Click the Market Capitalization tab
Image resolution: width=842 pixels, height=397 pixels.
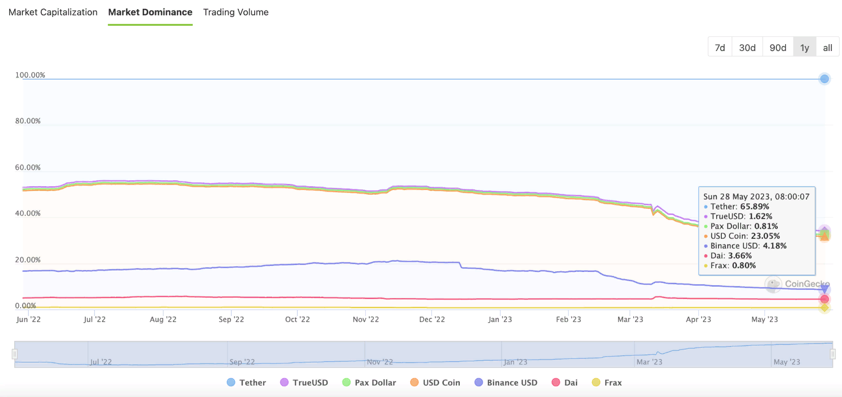53,12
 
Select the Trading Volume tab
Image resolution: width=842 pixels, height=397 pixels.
236,12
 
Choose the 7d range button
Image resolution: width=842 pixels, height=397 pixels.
720,48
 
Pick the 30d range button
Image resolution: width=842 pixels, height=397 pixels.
747,48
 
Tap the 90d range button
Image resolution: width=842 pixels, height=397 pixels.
778,48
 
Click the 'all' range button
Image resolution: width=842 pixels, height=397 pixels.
827,48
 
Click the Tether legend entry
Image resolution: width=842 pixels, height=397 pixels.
246,383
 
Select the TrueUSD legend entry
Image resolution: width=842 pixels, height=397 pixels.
304,383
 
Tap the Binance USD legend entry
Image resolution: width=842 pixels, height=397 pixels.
506,383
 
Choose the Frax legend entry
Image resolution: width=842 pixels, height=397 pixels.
607,383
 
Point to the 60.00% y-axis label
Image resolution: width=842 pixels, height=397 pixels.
28,167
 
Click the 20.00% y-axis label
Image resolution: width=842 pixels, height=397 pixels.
28,260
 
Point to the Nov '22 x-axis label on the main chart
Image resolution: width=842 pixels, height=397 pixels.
366,319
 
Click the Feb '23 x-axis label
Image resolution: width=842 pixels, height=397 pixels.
569,319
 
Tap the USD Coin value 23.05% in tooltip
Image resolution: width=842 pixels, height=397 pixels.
765,236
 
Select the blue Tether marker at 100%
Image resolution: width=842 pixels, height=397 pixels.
825,79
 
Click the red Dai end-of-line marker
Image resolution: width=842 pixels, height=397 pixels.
825,299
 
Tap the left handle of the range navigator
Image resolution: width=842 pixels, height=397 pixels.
15,354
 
